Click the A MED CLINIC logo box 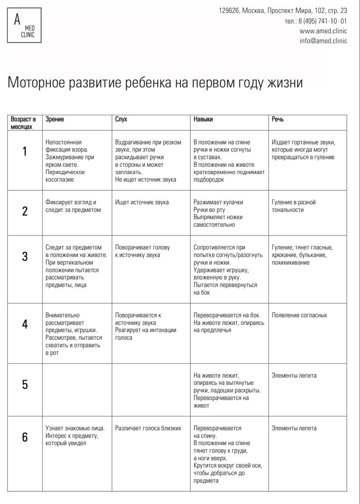coord(24,25)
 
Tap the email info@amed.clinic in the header coord(323,41)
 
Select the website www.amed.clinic coord(323,31)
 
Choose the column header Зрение coord(55,119)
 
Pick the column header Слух coord(121,119)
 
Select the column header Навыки coord(203,119)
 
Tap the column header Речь coord(277,119)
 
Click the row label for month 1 coord(25,152)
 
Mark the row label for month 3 coord(25,257)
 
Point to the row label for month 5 coord(25,384)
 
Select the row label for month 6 coord(25,437)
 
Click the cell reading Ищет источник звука coord(142,202)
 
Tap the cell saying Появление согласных coord(299,315)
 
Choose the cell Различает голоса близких coord(148,428)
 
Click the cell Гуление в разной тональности coord(293,206)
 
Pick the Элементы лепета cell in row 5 coord(294,375)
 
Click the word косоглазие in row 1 coord(59,180)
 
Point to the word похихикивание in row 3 coord(290,263)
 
